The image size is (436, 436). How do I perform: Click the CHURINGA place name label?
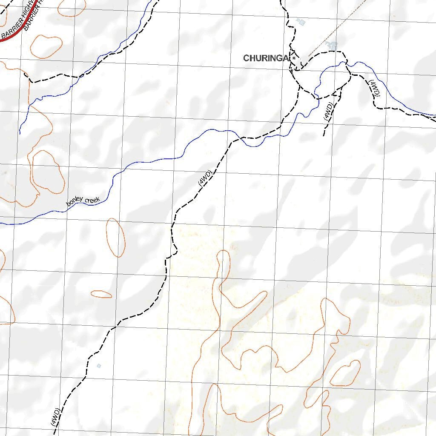pos(266,58)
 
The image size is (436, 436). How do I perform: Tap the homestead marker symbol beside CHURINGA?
pos(294,58)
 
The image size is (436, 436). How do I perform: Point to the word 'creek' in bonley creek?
pos(92,199)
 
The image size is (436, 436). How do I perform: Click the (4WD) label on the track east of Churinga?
pos(374,88)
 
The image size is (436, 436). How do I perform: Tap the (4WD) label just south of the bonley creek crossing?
pos(205,178)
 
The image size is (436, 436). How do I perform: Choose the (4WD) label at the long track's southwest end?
pos(54,417)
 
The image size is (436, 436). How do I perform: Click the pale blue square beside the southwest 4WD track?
pos(99,366)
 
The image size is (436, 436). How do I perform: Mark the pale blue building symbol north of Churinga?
pos(301,22)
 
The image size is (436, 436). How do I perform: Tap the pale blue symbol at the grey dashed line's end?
pos(331,44)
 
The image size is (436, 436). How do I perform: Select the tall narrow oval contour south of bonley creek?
pos(115,237)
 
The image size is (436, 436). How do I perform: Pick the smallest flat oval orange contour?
pos(101,294)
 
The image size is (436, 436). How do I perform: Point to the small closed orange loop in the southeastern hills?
pos(345,373)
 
